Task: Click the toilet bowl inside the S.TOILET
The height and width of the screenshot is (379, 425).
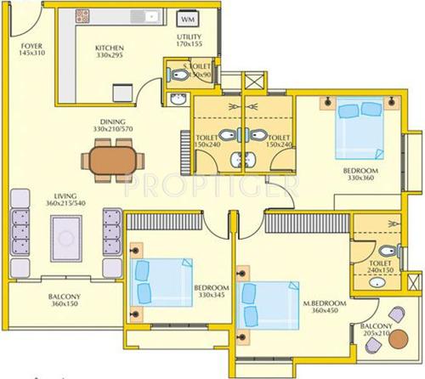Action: (177, 76)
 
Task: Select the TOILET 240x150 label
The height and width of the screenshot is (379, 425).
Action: (380, 269)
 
